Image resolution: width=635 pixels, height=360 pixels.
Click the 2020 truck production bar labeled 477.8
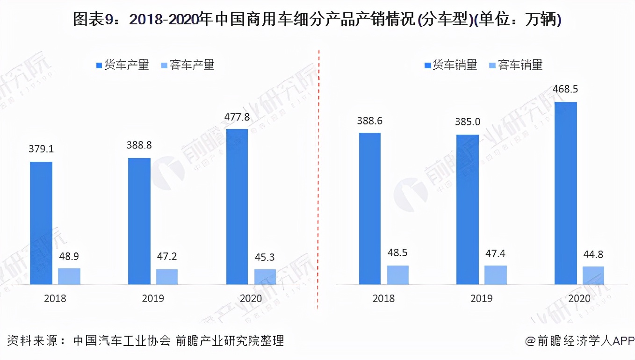(x=237, y=206)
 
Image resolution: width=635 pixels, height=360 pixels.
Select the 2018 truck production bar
(x=41, y=223)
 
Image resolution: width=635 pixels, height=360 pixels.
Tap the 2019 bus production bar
(x=167, y=276)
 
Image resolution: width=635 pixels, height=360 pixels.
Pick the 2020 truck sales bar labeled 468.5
(x=566, y=193)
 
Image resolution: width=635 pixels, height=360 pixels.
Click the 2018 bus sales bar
(x=398, y=275)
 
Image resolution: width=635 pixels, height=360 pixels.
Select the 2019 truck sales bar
(x=468, y=209)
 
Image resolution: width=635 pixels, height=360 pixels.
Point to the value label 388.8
(x=139, y=145)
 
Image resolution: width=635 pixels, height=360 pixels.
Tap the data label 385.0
(x=468, y=122)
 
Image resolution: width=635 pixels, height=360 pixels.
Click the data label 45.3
(x=265, y=257)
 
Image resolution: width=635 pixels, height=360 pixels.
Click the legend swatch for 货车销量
(x=427, y=65)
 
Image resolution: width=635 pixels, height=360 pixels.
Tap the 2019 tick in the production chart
(x=153, y=298)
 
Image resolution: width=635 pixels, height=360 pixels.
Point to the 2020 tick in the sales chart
(x=579, y=298)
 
